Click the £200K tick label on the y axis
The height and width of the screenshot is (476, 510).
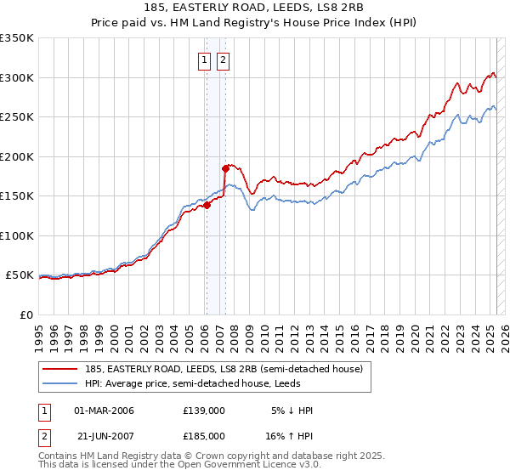[16, 156]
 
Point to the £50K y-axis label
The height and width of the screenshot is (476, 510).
[19, 275]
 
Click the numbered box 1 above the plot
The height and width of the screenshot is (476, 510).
[206, 59]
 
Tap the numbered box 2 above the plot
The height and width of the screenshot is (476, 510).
[223, 59]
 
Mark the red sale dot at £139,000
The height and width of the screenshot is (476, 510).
[207, 204]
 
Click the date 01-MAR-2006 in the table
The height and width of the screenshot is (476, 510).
[105, 411]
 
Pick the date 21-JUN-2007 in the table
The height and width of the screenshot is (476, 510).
[105, 435]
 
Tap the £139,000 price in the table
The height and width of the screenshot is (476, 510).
[204, 411]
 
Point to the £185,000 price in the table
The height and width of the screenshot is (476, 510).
[204, 435]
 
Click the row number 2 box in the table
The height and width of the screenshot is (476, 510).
[45, 435]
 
